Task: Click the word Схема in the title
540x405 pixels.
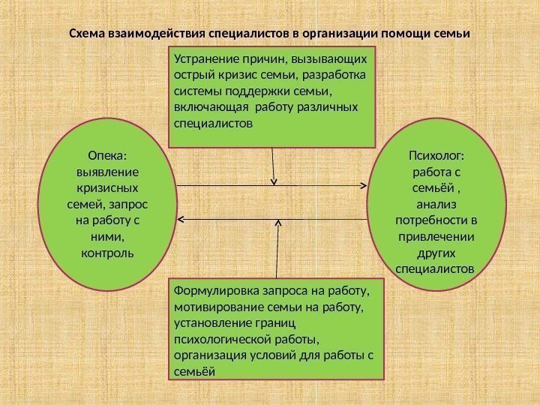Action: tap(88, 34)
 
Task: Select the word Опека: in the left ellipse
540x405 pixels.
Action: tap(107, 155)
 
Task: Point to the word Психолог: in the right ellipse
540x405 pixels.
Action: tap(436, 155)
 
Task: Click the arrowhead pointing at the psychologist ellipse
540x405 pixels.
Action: tap(364, 185)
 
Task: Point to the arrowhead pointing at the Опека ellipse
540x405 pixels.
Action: tap(183, 219)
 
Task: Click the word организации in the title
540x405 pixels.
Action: tap(341, 34)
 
